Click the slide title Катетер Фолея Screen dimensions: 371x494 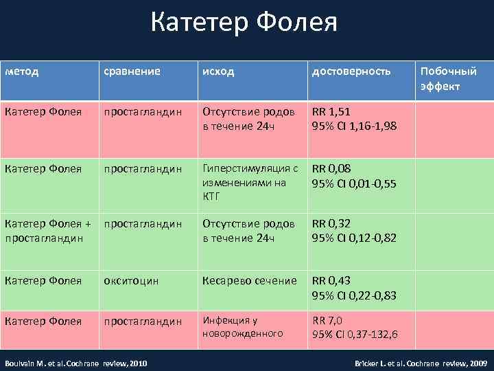pos(244,24)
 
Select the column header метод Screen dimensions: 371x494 pos(22,71)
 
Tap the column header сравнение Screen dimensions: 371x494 pos(132,71)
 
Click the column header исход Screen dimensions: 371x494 pos(217,71)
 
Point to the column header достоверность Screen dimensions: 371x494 pos(351,71)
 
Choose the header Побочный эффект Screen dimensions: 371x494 pos(447,79)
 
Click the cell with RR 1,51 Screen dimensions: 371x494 pos(355,118)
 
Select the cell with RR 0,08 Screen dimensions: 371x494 pos(355,175)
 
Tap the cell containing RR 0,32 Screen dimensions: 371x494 pos(355,230)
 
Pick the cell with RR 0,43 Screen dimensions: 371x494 pos(355,287)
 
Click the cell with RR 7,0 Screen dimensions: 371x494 pos(355,327)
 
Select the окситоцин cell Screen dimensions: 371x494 pos(131,281)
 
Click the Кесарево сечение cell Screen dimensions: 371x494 pos(249,281)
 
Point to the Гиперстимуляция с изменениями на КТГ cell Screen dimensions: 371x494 pos(249,182)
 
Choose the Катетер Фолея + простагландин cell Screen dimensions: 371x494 pos(48,230)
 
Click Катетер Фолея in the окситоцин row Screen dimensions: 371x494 pos(43,281)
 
